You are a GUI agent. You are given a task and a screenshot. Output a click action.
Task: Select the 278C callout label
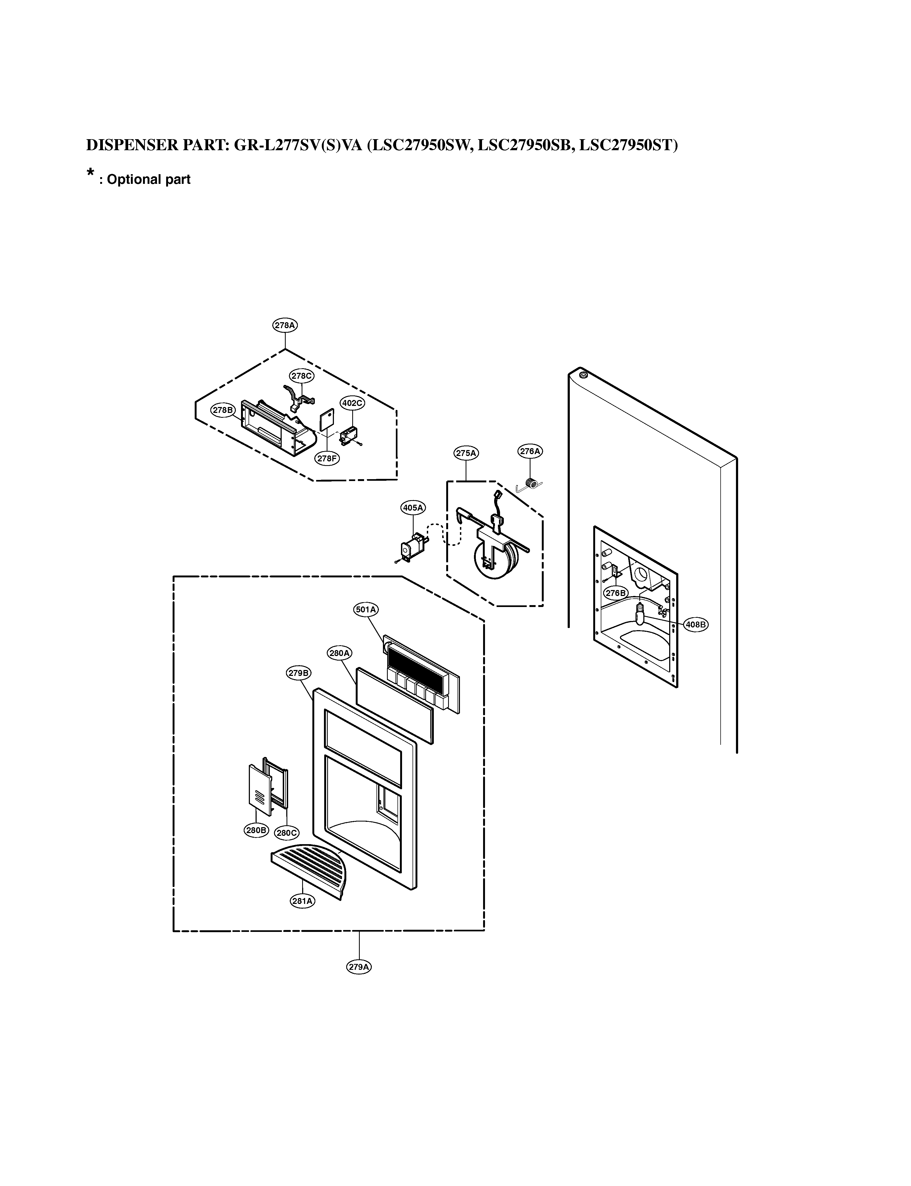[x=302, y=375]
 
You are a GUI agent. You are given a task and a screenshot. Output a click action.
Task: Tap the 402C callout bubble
[x=352, y=403]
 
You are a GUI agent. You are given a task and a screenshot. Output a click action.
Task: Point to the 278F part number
[x=327, y=458]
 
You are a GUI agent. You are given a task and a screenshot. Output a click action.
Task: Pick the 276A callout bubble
[x=530, y=451]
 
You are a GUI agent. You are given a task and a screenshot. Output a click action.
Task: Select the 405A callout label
[x=413, y=508]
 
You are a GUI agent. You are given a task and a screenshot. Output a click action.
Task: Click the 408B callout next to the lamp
[x=696, y=624]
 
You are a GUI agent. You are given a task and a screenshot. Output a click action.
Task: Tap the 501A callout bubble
[x=366, y=609]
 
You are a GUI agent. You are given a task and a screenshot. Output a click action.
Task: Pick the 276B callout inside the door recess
[x=616, y=593]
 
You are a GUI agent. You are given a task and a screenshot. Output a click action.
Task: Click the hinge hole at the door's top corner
[x=583, y=374]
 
